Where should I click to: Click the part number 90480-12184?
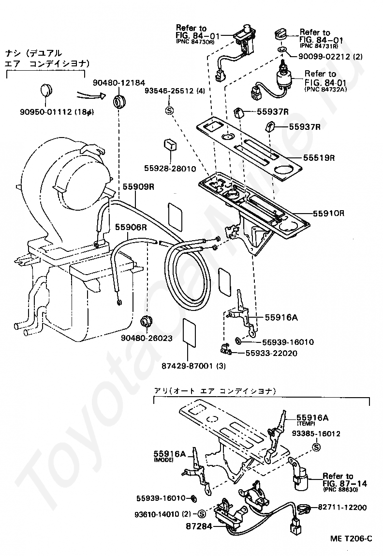tap(119, 83)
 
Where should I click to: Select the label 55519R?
tap(319, 157)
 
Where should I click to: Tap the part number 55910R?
tap(328, 214)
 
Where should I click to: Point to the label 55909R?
tap(138, 186)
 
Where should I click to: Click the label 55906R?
tap(131, 227)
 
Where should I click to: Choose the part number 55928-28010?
tap(170, 169)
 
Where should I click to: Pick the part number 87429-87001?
tap(188, 366)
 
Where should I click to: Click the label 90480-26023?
tap(147, 338)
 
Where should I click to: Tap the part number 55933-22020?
tap(271, 353)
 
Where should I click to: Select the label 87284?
tap(199, 526)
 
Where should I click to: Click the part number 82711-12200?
tap(342, 508)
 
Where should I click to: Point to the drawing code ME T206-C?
tap(351, 539)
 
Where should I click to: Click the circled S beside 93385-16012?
tap(316, 448)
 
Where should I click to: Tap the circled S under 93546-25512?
tap(169, 110)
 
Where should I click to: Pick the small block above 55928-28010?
tap(169, 145)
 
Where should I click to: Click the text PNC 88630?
tap(340, 490)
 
